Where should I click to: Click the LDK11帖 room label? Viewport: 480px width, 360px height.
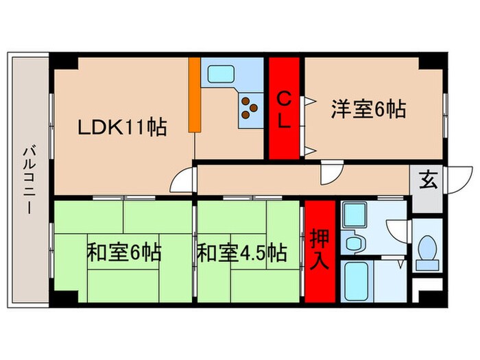121,127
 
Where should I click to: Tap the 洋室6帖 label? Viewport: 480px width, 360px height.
368,108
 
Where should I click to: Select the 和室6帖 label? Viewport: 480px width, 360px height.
123,252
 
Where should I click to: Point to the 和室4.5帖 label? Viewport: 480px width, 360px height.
241,252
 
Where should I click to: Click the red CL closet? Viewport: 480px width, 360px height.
283,108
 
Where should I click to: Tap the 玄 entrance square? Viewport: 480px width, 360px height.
427,181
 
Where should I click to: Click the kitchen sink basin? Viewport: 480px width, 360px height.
221,73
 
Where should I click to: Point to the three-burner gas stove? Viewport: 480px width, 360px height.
249,106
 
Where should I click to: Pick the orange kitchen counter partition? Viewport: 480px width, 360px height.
195,95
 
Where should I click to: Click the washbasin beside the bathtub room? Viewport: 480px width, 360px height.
355,241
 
